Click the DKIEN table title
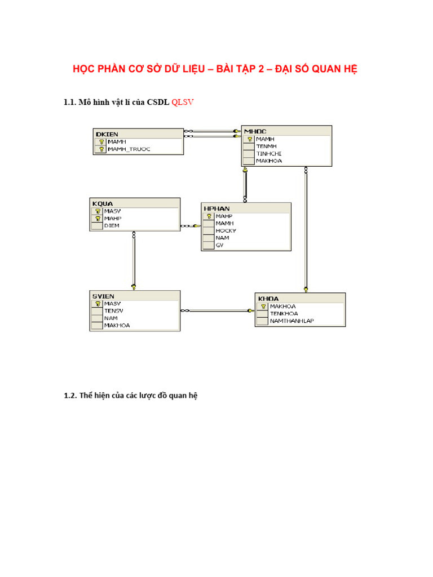click(107, 134)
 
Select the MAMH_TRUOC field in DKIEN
click(129, 149)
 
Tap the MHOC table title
click(255, 131)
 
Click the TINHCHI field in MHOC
click(269, 153)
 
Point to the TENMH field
click(266, 146)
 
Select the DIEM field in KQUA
click(112, 225)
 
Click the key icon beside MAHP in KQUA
click(98, 218)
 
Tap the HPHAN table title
click(216, 208)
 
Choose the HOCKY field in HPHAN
click(226, 230)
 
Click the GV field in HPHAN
click(219, 245)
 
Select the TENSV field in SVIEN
click(113, 310)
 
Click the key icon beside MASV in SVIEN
click(98, 303)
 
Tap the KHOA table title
click(268, 299)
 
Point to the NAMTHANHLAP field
click(291, 321)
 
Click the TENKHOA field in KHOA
click(284, 313)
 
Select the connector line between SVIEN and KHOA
click(218, 310)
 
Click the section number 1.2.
click(69, 396)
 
